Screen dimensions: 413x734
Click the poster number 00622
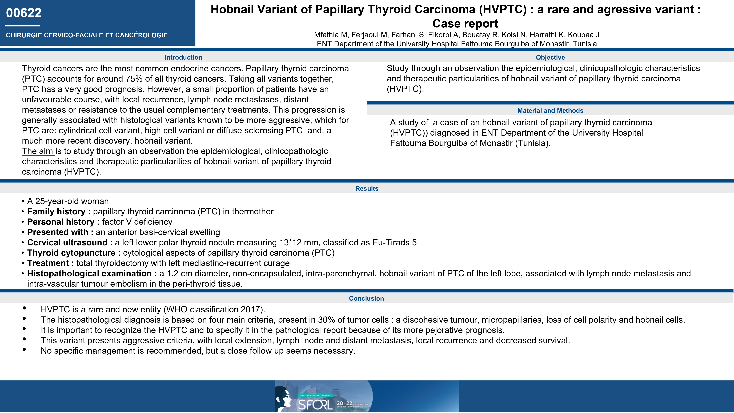tap(24, 13)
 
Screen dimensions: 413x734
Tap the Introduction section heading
tap(183, 57)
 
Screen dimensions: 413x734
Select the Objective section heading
tap(550, 57)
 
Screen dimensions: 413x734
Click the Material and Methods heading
tap(550, 111)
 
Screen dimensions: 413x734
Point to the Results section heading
tap(367, 188)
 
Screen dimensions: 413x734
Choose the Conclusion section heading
tap(366, 298)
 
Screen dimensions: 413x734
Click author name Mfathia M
tap(331, 35)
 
